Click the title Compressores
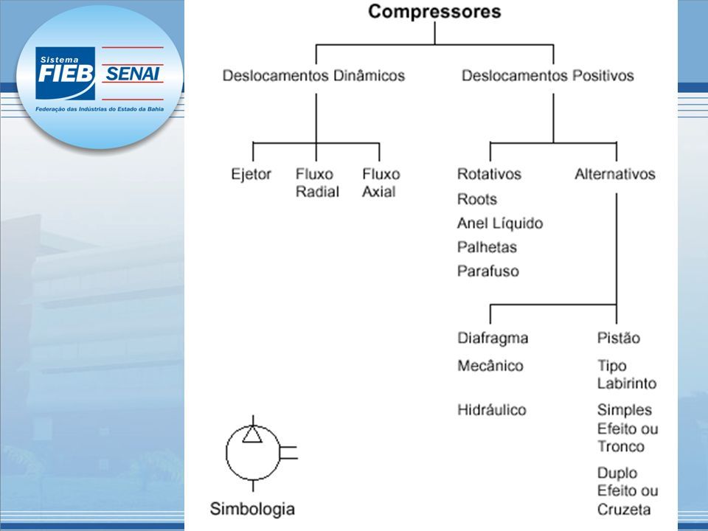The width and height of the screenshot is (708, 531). [x=434, y=12]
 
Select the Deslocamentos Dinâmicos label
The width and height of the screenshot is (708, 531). [x=314, y=75]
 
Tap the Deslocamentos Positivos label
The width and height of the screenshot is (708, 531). [x=548, y=75]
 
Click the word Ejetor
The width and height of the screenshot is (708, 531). [x=251, y=174]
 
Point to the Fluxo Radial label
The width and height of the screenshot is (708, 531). [x=317, y=183]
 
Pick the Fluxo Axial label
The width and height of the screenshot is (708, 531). [x=381, y=183]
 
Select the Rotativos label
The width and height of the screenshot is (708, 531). [x=489, y=174]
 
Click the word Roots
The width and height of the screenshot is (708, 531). [x=477, y=199]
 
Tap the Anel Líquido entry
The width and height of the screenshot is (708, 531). [x=500, y=223]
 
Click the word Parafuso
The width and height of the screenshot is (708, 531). [x=488, y=271]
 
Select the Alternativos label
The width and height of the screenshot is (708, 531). [x=615, y=174]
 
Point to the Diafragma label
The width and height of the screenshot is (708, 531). [x=493, y=339]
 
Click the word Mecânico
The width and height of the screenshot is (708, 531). [x=490, y=365]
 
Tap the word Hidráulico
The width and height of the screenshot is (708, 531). [x=492, y=409]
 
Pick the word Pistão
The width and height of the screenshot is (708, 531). [x=619, y=338]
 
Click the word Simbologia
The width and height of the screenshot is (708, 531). [x=252, y=509]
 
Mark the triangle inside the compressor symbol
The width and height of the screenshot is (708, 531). [x=252, y=435]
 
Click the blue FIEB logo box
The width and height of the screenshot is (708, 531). [x=65, y=73]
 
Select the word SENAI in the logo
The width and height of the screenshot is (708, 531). [x=132, y=73]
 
